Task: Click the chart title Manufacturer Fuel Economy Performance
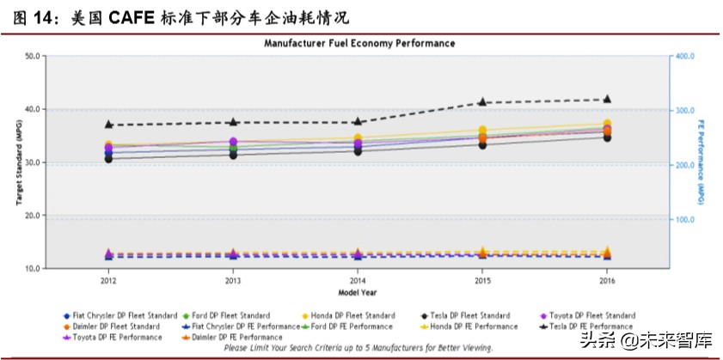pyautogui.click(x=359, y=43)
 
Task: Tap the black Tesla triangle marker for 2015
pyautogui.click(x=482, y=101)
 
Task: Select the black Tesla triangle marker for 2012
pyautogui.click(x=109, y=124)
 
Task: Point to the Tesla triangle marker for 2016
pyautogui.click(x=607, y=99)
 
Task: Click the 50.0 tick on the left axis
pyautogui.click(x=36, y=56)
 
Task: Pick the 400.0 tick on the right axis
pyautogui.click(x=684, y=56)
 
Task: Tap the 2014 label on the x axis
pyautogui.click(x=358, y=280)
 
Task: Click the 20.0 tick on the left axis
pyautogui.click(x=36, y=216)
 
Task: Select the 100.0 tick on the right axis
pyautogui.click(x=684, y=220)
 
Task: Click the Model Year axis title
pyautogui.click(x=358, y=292)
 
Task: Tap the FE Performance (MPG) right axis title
pyautogui.click(x=701, y=162)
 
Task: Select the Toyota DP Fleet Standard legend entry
pyautogui.click(x=587, y=315)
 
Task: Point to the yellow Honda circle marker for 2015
pyautogui.click(x=482, y=131)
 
